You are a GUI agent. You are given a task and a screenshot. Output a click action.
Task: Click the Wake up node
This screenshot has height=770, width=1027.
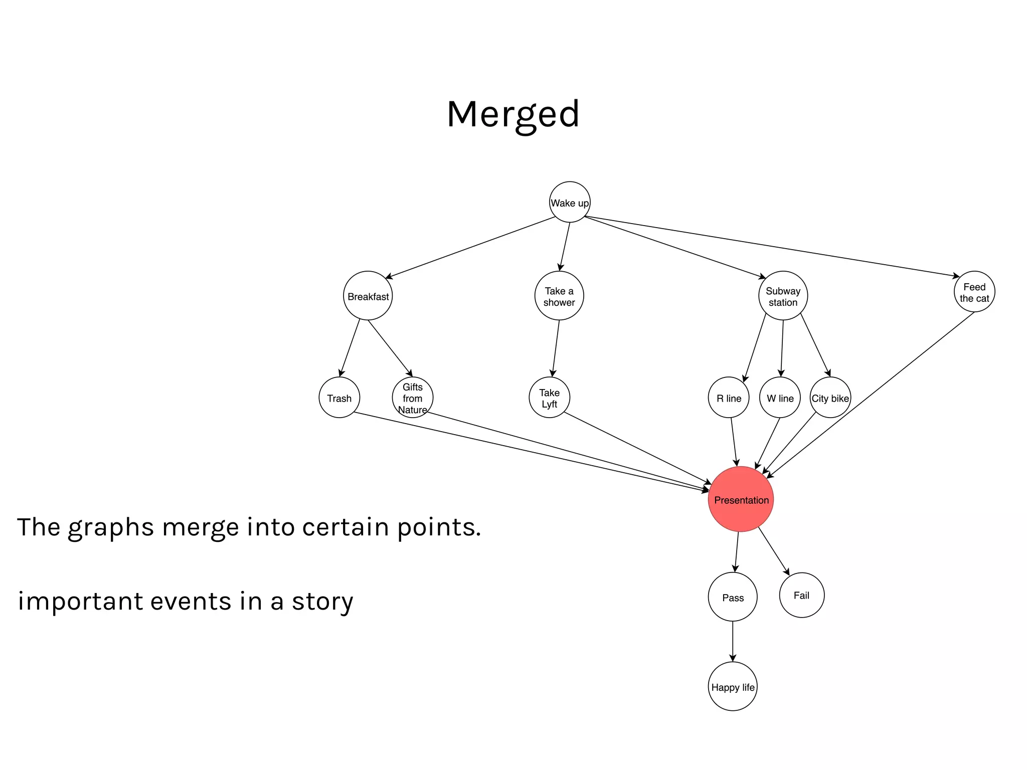pos(569,202)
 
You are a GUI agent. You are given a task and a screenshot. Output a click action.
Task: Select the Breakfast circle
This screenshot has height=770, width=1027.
pos(368,296)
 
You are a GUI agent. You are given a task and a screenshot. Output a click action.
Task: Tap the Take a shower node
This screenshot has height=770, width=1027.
pos(559,296)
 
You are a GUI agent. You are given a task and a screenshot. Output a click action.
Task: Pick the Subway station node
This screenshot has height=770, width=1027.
pos(782,296)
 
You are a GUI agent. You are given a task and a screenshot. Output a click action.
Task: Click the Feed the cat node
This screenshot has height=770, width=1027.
pos(974,292)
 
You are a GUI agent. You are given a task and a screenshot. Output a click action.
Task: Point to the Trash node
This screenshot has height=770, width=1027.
pos(339,398)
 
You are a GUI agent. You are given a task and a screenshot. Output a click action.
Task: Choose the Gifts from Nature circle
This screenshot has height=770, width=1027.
pos(412,398)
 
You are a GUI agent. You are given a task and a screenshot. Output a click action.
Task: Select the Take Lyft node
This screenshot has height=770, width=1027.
pos(549,398)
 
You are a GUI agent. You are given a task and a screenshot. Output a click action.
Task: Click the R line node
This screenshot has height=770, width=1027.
pos(729,398)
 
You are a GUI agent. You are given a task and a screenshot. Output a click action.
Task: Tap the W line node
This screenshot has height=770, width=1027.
pos(780,398)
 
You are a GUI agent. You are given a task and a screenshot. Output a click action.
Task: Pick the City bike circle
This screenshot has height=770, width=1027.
pos(830,398)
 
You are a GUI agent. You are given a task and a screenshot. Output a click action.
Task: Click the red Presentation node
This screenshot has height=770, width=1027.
pos(741,499)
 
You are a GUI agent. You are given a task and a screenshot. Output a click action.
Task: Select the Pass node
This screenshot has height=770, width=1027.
pos(732,597)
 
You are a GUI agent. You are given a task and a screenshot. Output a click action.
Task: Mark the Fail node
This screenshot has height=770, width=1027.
pos(801,595)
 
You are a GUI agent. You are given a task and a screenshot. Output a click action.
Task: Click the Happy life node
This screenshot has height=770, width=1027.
pos(732,686)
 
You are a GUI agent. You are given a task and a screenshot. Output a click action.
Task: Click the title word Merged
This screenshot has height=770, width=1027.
pos(513,114)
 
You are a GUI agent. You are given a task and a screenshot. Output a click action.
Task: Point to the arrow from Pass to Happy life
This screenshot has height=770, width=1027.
pos(732,642)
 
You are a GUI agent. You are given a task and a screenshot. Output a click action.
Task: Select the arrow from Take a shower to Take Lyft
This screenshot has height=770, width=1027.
pos(556,348)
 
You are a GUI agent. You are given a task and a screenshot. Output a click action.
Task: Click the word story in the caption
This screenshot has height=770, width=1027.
pos(322,602)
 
